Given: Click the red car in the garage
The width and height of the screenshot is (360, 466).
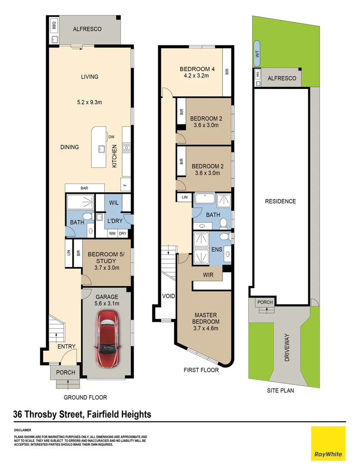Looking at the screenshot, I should (106, 339).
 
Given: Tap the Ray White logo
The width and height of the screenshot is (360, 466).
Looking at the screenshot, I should (328, 443).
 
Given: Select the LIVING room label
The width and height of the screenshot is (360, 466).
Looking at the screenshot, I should (90, 77).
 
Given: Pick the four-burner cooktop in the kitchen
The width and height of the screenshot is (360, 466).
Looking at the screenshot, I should (127, 148).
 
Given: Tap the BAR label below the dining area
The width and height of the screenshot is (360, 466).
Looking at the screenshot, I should (84, 188).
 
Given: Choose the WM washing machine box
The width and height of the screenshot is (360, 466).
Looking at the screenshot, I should (112, 233).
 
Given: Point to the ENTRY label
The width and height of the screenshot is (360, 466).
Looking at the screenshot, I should (67, 346).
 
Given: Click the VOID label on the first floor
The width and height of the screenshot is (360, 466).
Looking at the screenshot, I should (168, 296).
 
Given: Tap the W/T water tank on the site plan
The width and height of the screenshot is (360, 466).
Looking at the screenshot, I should (257, 54).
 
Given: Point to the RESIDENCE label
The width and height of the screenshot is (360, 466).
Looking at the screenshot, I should (280, 201).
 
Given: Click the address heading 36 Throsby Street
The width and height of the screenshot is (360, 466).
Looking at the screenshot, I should (82, 415).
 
